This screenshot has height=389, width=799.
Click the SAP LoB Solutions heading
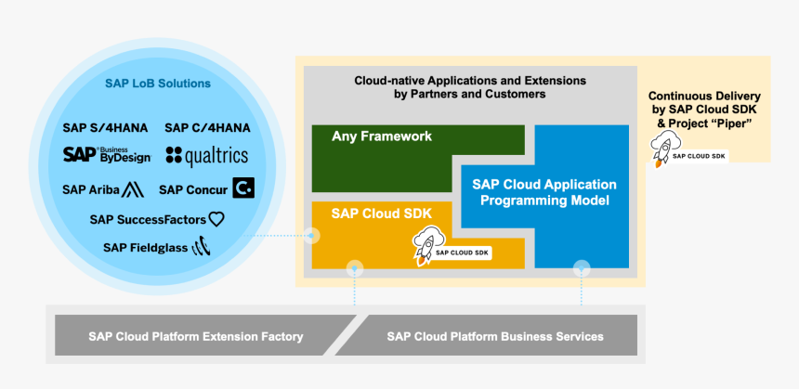click(157, 84)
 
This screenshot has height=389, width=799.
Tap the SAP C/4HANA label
click(207, 127)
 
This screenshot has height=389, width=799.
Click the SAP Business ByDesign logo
click(106, 154)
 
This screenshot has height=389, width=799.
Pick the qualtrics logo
click(206, 156)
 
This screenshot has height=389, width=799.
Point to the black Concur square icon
click(243, 189)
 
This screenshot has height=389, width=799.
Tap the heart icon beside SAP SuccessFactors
click(216, 219)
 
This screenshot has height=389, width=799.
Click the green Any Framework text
click(382, 136)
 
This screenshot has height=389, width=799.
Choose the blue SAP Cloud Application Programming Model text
click(544, 192)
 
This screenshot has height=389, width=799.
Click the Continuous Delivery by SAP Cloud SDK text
click(704, 110)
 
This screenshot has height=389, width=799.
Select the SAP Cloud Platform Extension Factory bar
click(195, 336)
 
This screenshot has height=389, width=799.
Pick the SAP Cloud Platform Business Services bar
click(495, 336)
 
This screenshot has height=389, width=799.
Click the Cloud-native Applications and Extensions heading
click(469, 87)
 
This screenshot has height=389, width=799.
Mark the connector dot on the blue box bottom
click(582, 268)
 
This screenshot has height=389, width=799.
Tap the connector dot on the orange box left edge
click(312, 236)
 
